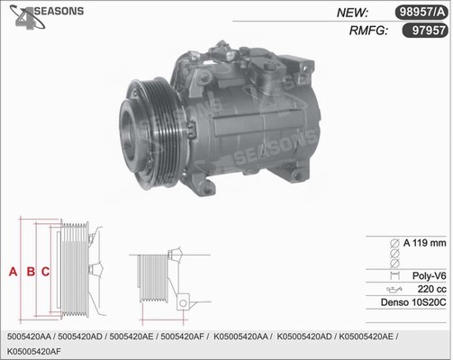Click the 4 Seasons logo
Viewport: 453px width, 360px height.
click(x=47, y=16)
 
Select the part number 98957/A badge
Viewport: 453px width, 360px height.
click(x=421, y=13)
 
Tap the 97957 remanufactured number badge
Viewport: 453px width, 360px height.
click(x=425, y=31)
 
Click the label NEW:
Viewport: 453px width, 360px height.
click(x=352, y=13)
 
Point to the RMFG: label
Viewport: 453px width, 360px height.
click(x=368, y=31)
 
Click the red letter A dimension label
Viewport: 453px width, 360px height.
click(x=13, y=272)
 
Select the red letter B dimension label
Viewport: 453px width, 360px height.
click(x=31, y=272)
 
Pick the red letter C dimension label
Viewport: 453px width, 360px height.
click(x=45, y=272)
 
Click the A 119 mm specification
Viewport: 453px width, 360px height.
click(x=425, y=243)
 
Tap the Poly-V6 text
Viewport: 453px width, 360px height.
click(x=430, y=275)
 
